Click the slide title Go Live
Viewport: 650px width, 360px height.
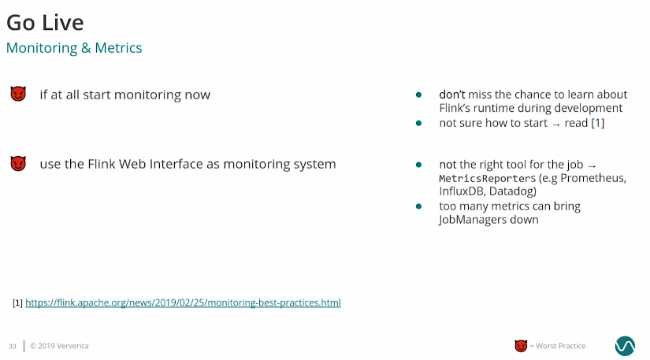pyautogui.click(x=45, y=22)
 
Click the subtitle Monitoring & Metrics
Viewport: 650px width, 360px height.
pyautogui.click(x=74, y=47)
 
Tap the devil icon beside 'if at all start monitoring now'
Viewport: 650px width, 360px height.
pyautogui.click(x=18, y=94)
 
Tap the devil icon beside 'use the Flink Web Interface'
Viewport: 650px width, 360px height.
pyautogui.click(x=18, y=163)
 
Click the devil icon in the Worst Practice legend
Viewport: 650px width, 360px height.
pyautogui.click(x=521, y=346)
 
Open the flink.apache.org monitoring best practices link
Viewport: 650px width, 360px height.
pyautogui.click(x=183, y=302)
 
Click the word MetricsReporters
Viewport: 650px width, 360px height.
pyautogui.click(x=487, y=178)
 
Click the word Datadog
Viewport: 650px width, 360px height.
pyautogui.click(x=513, y=191)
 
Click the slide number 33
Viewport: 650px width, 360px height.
pyautogui.click(x=13, y=347)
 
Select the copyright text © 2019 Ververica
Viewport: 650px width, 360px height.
pyautogui.click(x=59, y=346)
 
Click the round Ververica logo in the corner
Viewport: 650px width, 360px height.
pyautogui.click(x=625, y=346)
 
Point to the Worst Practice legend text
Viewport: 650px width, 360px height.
pyautogui.click(x=558, y=346)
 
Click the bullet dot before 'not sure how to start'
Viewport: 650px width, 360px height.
pyautogui.click(x=418, y=123)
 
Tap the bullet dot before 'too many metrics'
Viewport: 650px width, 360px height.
pyautogui.click(x=418, y=206)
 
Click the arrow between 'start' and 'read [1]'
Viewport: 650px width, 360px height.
pyautogui.click(x=556, y=124)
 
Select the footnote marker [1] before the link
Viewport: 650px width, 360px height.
pyautogui.click(x=17, y=302)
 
